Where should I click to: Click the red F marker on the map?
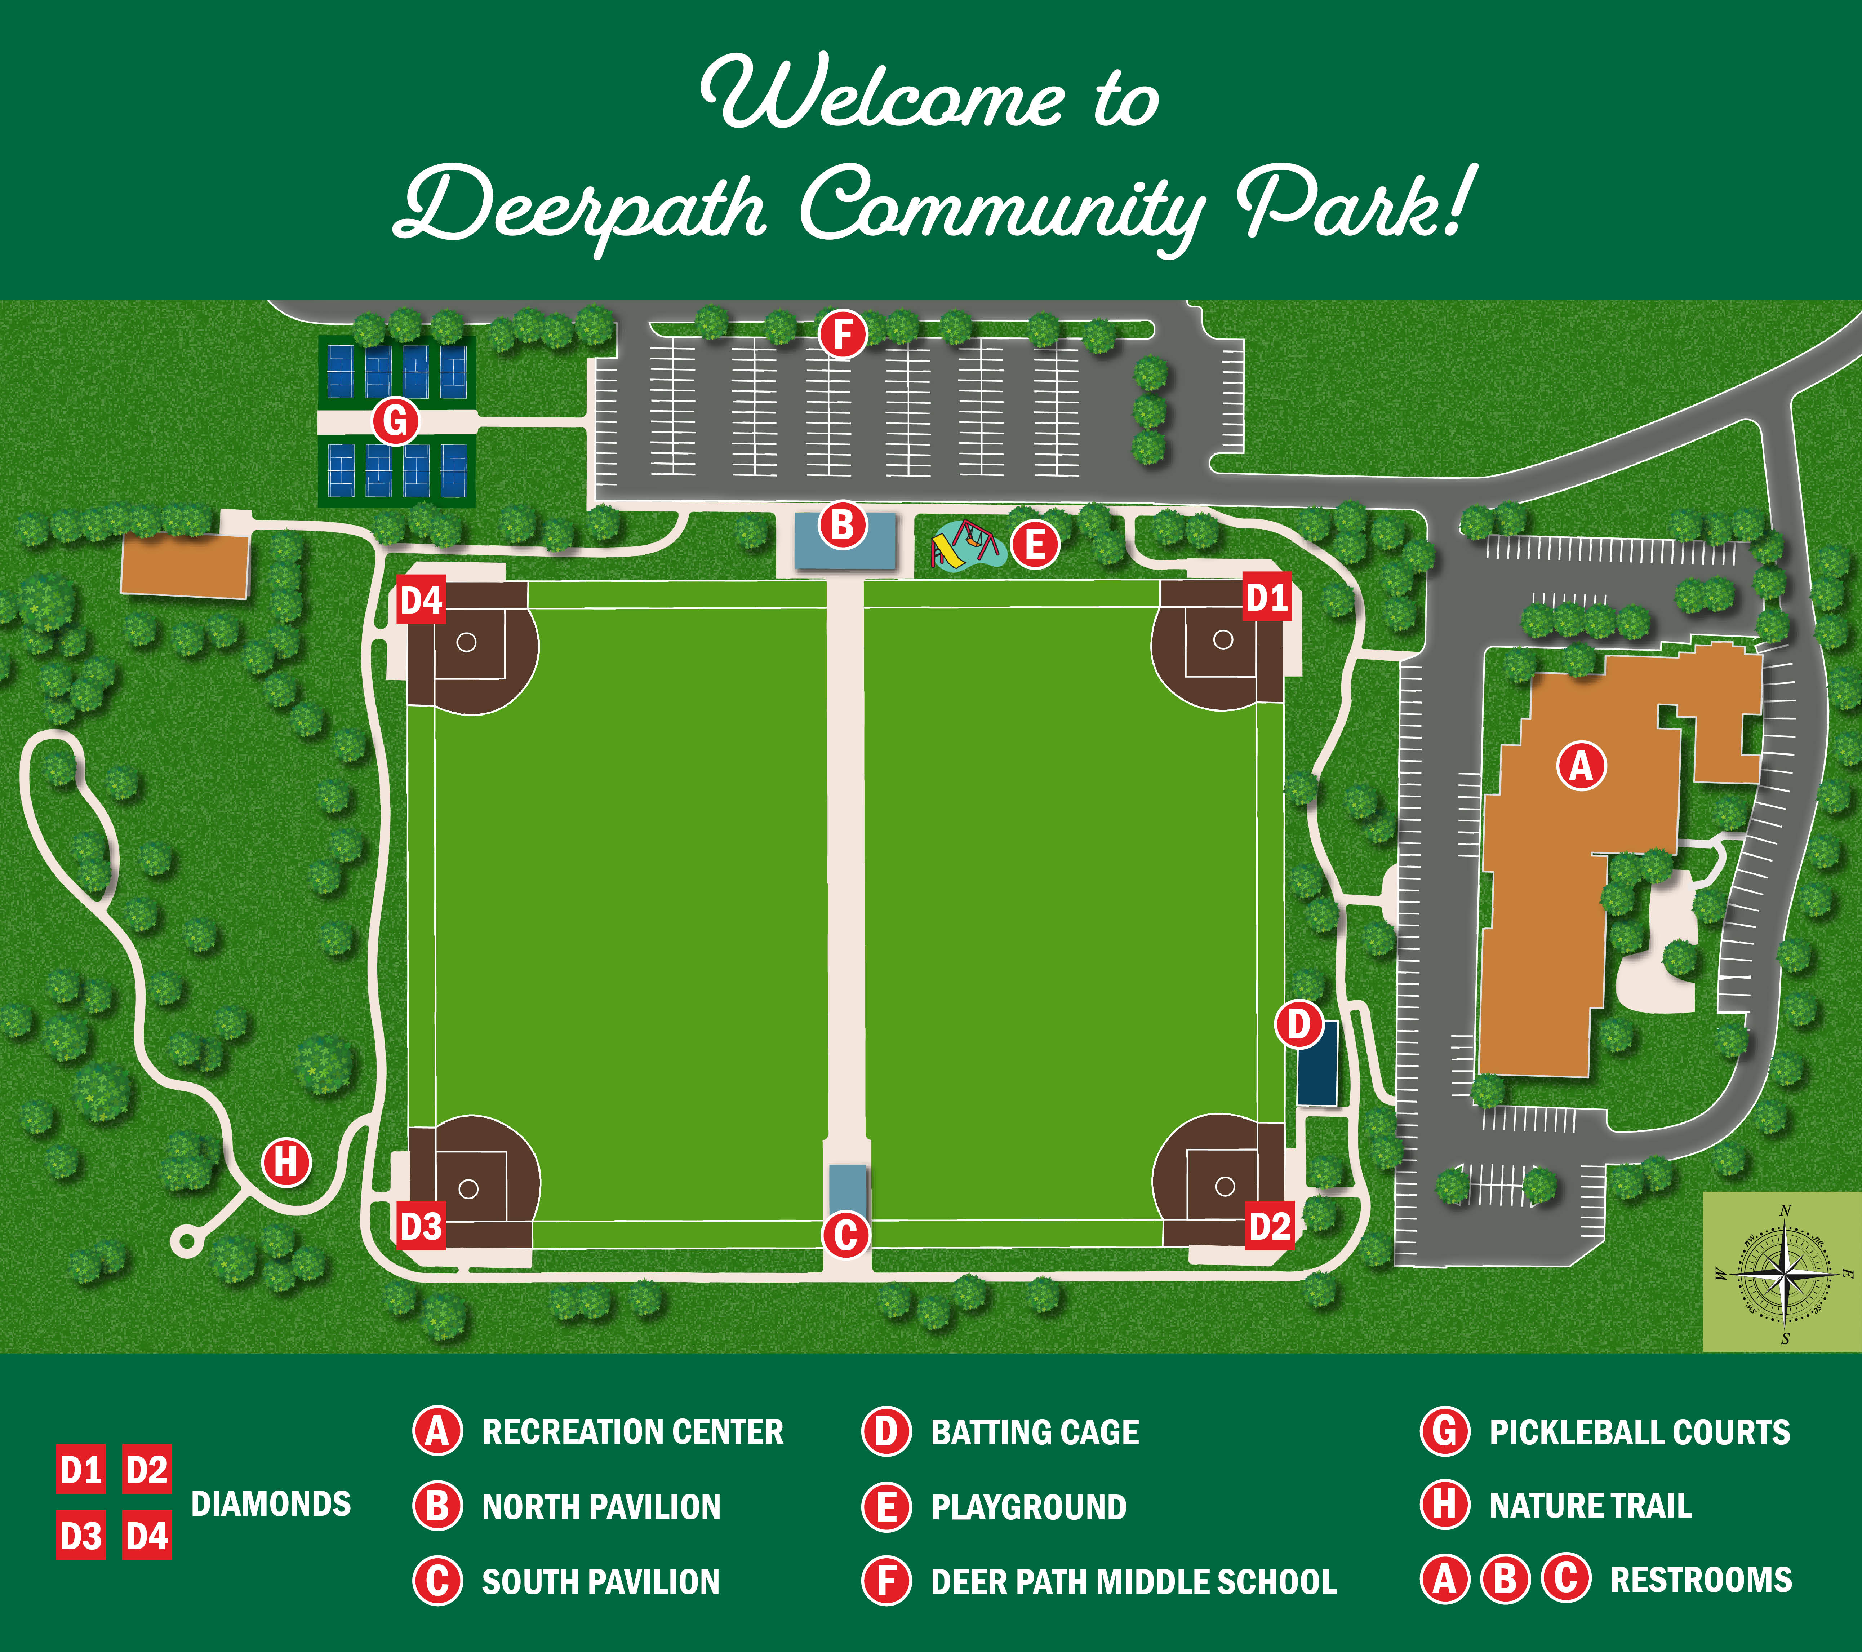point(843,335)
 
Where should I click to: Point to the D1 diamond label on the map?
point(1267,598)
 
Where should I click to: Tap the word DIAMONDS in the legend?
point(271,1503)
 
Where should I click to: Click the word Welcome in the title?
point(882,94)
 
